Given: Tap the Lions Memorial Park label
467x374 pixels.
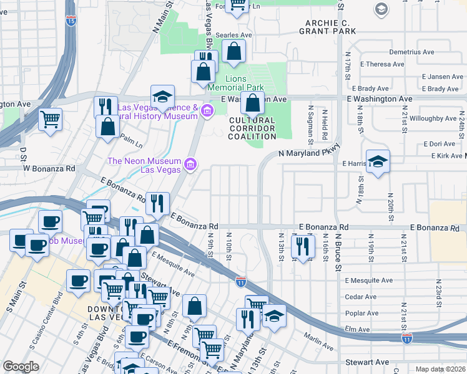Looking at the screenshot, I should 244,83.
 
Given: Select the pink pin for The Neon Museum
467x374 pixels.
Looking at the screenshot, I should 191,165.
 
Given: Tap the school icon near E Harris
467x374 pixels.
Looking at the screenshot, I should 378,163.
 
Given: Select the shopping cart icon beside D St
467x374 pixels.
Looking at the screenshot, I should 50,118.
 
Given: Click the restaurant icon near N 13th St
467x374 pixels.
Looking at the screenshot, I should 302,246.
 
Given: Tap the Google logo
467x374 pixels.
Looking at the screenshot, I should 21,367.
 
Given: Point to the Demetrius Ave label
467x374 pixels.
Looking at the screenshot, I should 411,52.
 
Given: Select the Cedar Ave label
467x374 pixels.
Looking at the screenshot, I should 363,297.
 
